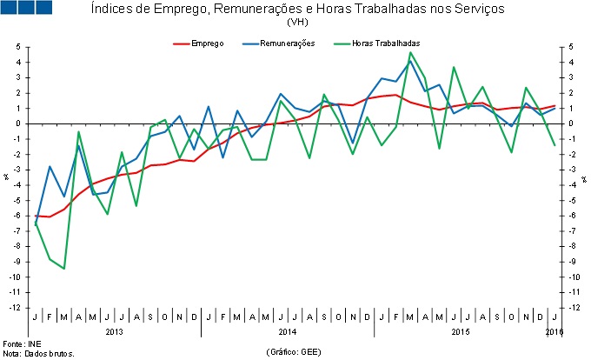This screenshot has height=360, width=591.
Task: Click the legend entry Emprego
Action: coord(209,43)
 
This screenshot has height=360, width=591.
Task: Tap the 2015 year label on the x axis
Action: coord(461,332)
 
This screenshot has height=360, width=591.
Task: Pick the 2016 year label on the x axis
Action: coord(554,332)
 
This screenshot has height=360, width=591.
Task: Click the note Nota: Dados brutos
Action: coord(39,354)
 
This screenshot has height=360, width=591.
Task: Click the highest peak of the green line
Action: coord(410,52)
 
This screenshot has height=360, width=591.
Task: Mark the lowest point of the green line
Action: coord(63,269)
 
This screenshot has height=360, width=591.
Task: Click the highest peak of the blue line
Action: coord(410,61)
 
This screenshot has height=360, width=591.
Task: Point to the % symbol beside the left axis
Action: coord(6,177)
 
